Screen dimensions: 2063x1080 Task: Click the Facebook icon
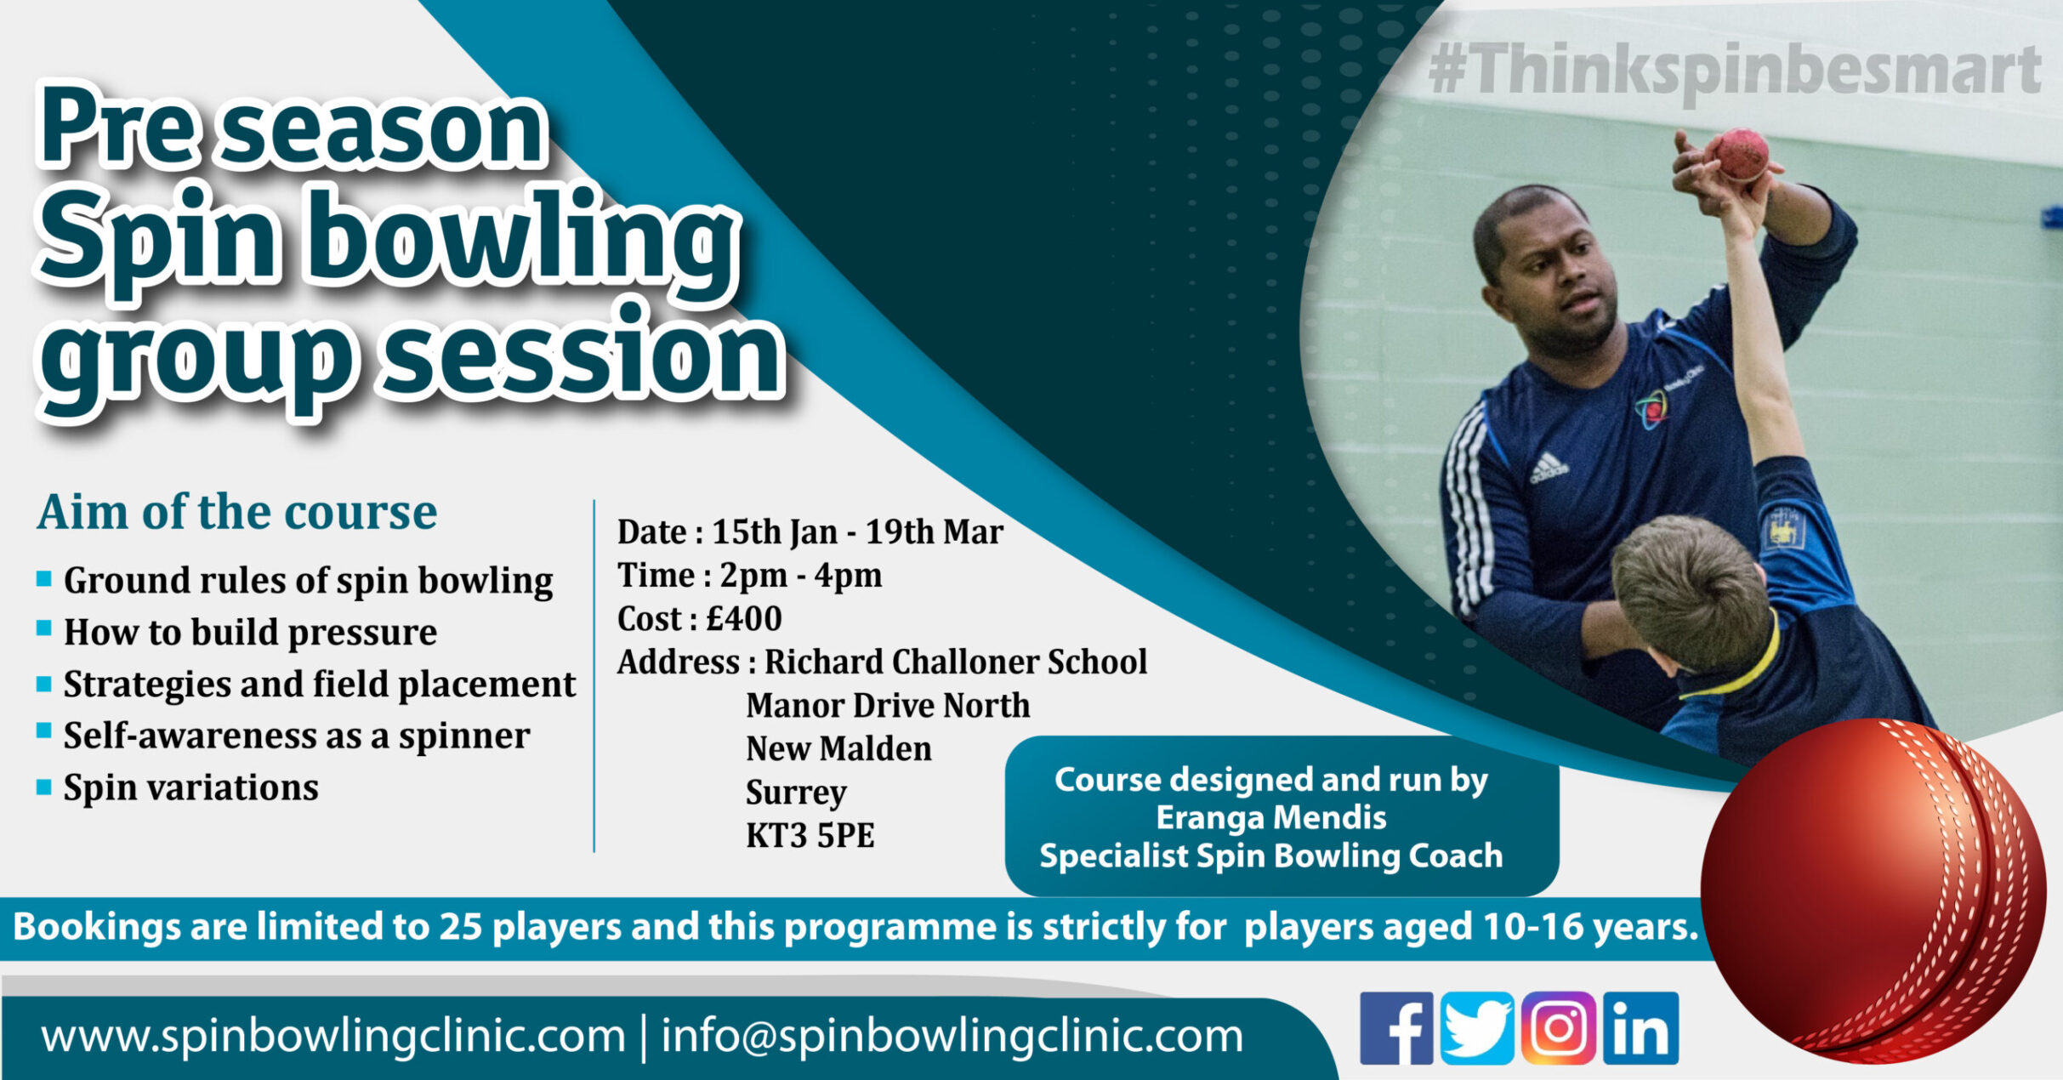[1396, 1028]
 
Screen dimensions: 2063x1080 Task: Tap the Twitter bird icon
[1477, 1028]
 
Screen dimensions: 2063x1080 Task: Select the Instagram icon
[1558, 1028]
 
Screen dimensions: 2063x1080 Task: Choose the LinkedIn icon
[1640, 1028]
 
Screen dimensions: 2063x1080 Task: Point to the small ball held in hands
[1740, 154]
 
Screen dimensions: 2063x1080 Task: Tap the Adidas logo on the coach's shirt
[1549, 468]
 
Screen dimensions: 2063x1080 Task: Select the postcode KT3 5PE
[810, 836]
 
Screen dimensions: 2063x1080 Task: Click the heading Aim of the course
[236, 513]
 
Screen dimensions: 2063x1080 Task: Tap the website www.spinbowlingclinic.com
[333, 1037]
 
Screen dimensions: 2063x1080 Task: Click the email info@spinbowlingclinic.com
[952, 1037]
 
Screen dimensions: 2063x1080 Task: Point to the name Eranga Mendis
[1271, 818]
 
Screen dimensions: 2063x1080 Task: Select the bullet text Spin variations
[191, 788]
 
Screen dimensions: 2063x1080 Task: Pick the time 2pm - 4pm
[801, 576]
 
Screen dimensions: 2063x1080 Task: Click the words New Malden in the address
[838, 749]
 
